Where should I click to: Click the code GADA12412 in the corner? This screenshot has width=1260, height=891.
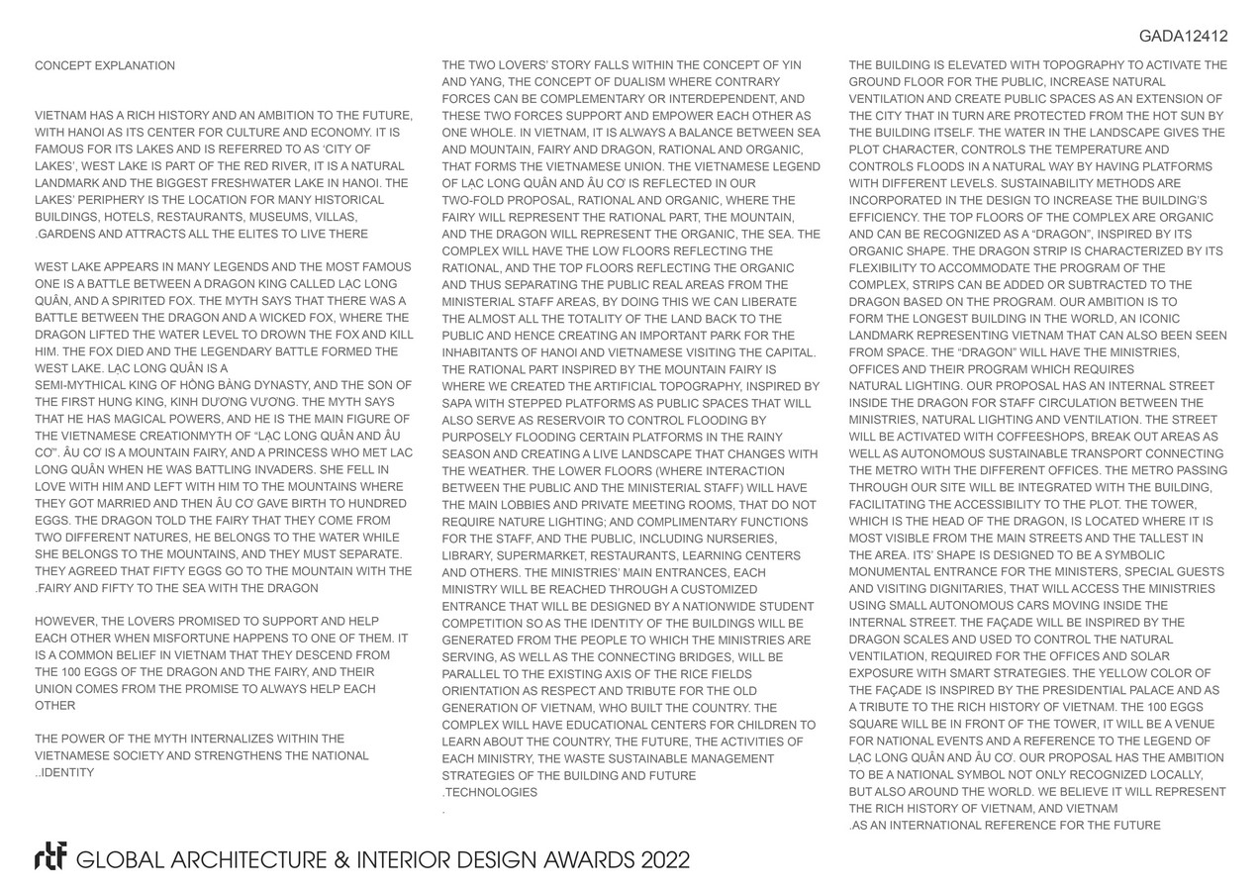coord(1183,37)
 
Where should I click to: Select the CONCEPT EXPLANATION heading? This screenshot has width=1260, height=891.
coord(105,66)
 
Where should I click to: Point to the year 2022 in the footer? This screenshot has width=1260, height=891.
coord(664,859)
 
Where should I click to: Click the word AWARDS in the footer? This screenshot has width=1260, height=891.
coord(581,859)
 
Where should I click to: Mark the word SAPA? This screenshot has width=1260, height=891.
coord(458,403)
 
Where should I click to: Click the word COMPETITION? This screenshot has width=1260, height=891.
coord(484,623)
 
